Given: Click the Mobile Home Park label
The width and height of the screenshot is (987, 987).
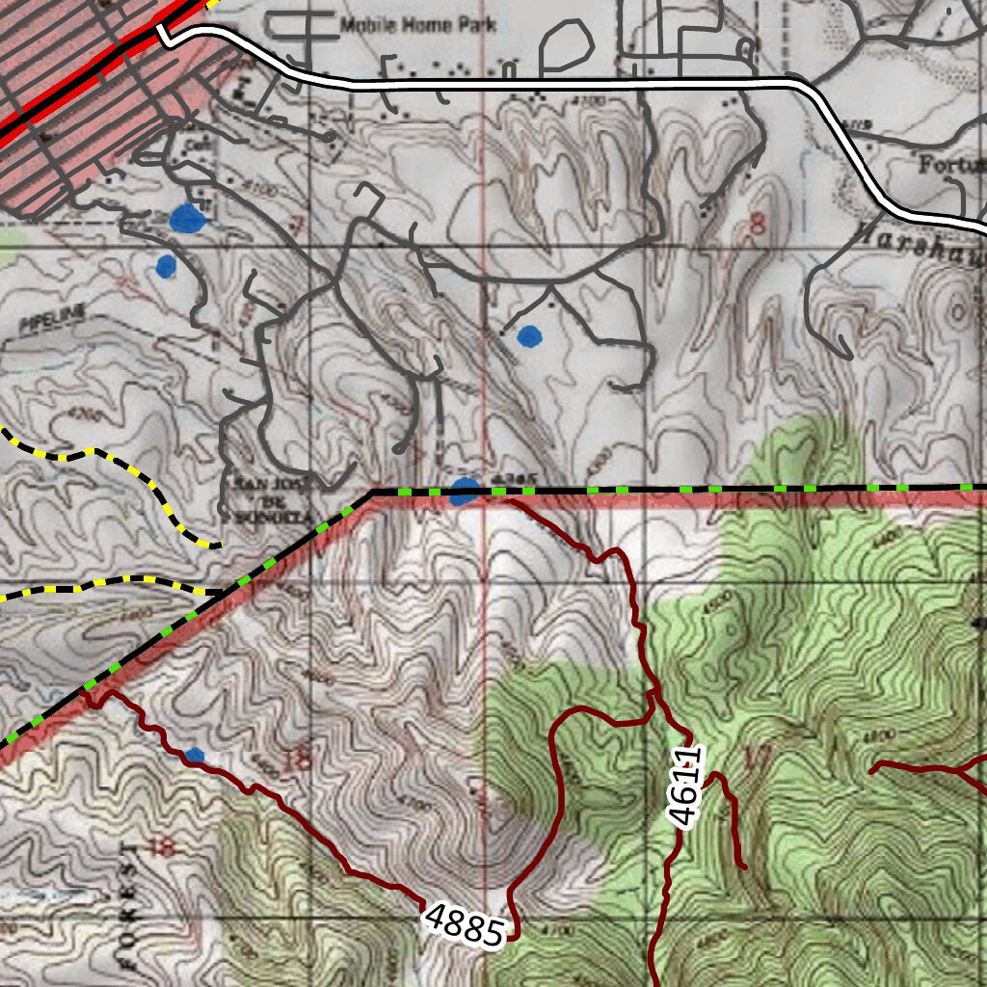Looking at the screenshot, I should click(418, 24).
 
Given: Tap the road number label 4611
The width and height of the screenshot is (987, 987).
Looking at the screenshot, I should click(687, 787).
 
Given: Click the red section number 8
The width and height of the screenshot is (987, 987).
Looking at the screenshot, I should click(757, 226).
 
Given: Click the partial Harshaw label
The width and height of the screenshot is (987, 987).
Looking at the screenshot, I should click(916, 238).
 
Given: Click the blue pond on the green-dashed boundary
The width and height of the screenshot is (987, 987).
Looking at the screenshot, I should click(464, 491).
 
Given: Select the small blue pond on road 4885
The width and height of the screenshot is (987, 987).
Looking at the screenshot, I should click(195, 756).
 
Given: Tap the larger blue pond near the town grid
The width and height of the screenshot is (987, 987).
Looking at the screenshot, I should click(187, 219).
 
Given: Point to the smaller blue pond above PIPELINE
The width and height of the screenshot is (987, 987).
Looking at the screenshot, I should click(166, 265).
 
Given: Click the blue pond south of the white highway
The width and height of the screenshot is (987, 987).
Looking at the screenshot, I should click(529, 335).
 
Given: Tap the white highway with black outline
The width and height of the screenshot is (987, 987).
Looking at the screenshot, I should click(578, 85).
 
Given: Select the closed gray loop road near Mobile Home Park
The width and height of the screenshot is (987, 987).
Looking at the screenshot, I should click(566, 43).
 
